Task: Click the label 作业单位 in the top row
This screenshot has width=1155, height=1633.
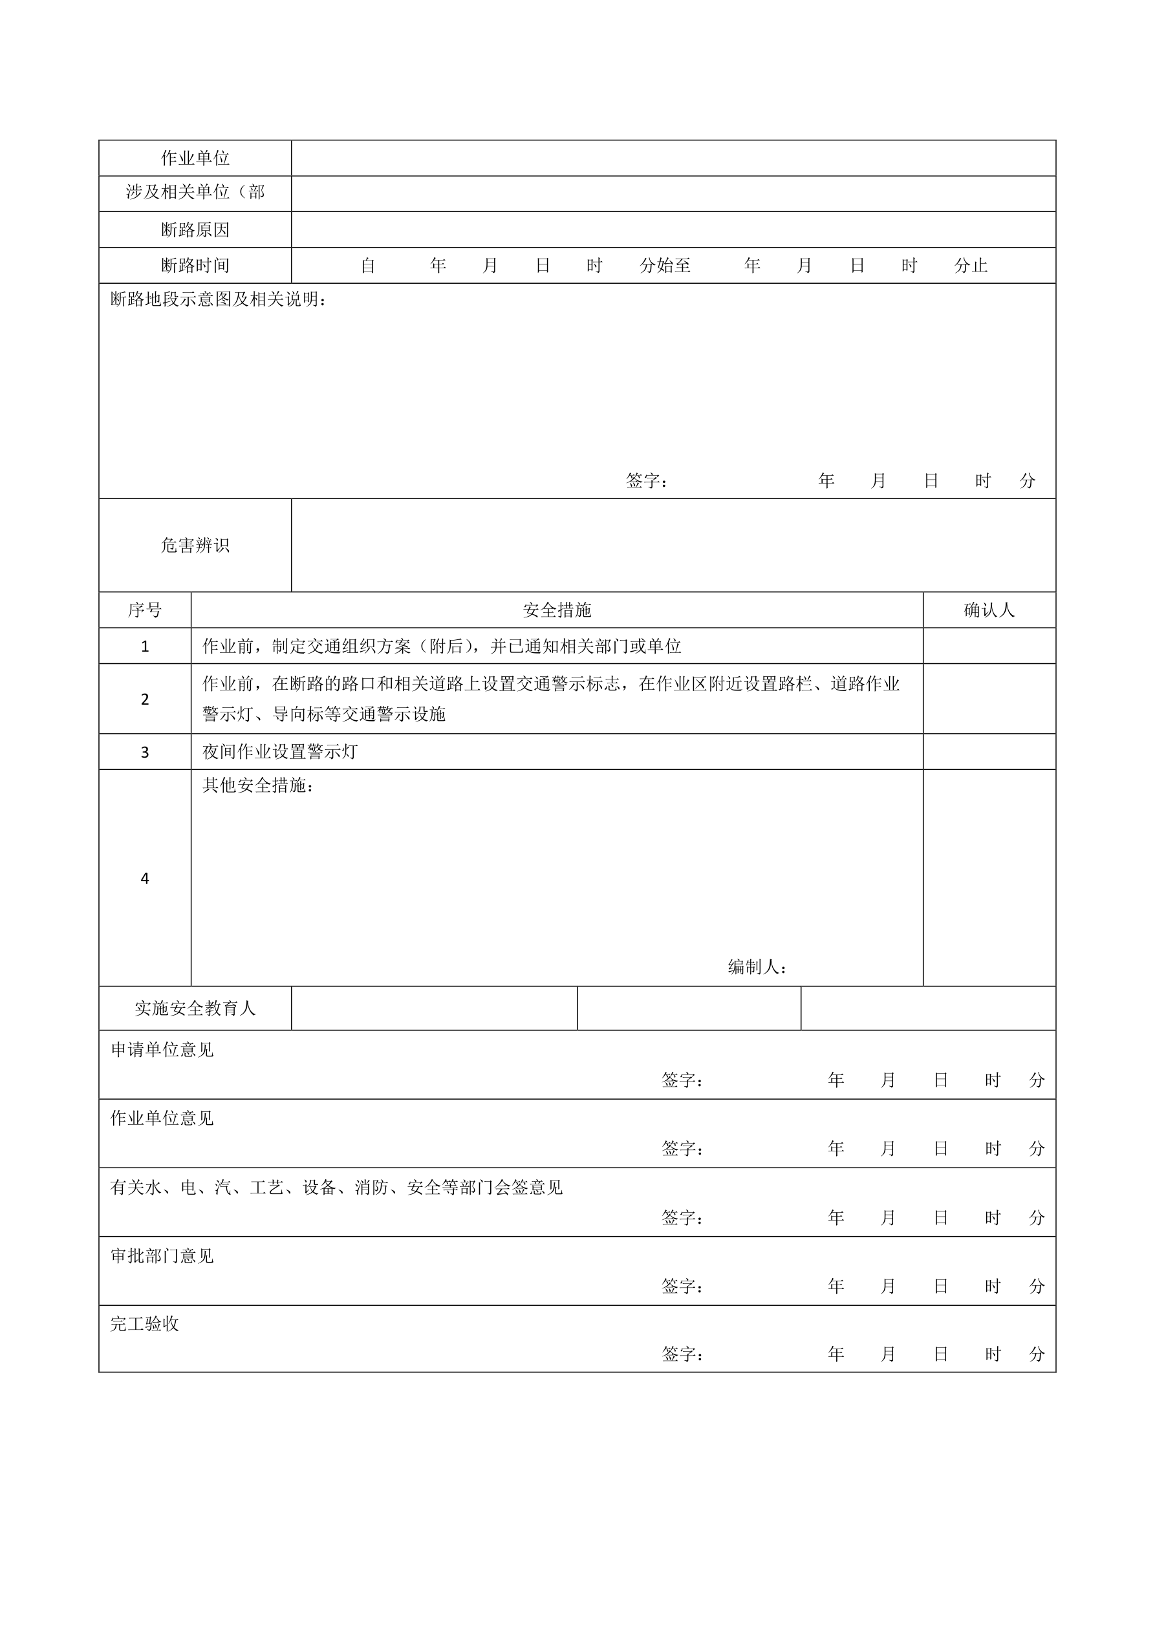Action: click(x=195, y=158)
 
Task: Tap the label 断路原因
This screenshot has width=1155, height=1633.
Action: click(x=195, y=229)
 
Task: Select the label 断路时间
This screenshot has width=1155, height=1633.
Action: click(x=195, y=265)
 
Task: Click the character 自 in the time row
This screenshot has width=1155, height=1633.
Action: click(x=368, y=266)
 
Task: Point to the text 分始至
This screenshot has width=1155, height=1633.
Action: click(x=665, y=266)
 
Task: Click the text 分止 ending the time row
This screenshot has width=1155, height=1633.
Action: click(x=971, y=266)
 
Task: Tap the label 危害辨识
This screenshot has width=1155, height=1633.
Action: click(x=195, y=546)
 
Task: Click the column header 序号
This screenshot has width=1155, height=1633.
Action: click(x=144, y=610)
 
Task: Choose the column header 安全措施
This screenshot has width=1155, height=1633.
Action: click(x=557, y=610)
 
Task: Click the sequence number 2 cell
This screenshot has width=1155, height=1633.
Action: click(x=144, y=699)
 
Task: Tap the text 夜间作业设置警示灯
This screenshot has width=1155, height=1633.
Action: click(x=279, y=752)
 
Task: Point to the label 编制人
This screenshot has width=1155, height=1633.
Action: click(x=757, y=966)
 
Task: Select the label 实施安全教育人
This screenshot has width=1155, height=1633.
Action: click(x=195, y=1009)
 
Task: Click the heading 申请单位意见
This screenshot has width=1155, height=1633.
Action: click(x=162, y=1050)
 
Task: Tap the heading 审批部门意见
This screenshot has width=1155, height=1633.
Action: click(x=162, y=1256)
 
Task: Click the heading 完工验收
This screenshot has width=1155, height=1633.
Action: click(x=144, y=1323)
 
